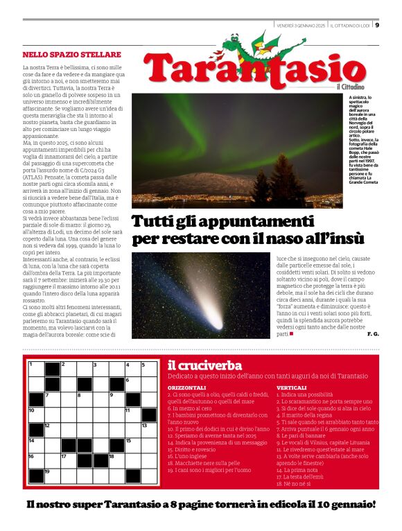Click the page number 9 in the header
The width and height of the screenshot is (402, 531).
coord(377,25)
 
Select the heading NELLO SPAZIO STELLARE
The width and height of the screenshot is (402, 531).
coord(71,54)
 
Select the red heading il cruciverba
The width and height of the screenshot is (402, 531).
coord(204,365)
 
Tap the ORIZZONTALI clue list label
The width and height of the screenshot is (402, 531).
coord(187,387)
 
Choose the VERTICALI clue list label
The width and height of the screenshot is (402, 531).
coord(292,387)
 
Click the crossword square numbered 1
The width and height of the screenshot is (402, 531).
coord(36,368)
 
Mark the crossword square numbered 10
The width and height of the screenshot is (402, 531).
coord(36,415)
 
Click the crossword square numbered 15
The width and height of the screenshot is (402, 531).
coord(132,445)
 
